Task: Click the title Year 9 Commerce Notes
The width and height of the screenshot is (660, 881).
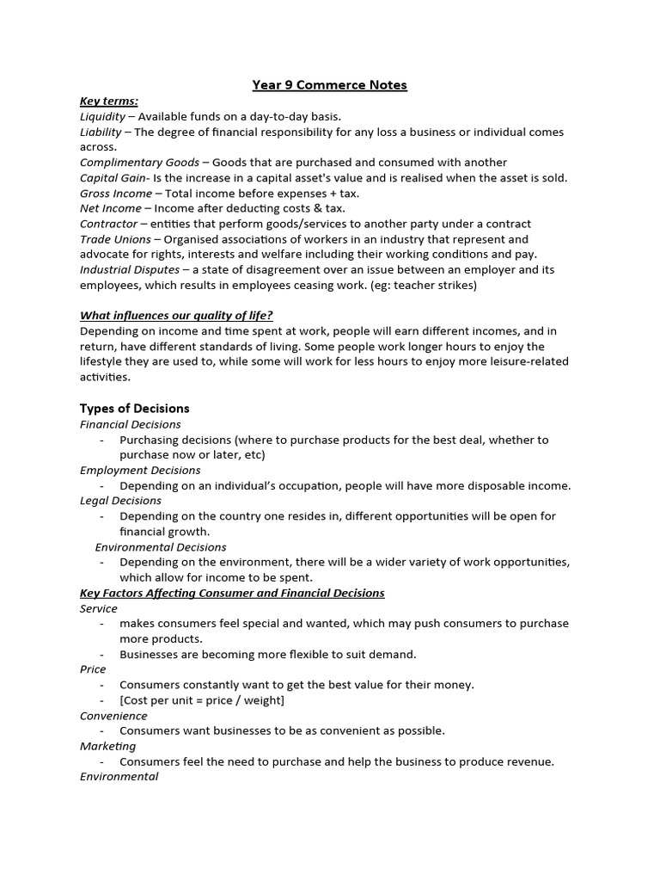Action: point(329,85)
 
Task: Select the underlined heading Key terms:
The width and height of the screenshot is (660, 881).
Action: point(108,101)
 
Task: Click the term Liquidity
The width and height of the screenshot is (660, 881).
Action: point(102,116)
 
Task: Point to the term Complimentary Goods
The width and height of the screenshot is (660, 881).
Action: point(139,163)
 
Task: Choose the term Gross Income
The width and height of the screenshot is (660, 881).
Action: point(115,194)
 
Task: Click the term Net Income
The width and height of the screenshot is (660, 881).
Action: point(111,208)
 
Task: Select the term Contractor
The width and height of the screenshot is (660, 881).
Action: point(108,224)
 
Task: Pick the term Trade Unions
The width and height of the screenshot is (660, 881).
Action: point(115,239)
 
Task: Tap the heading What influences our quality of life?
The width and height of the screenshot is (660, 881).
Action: point(176,315)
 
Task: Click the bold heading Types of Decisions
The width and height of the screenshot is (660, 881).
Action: point(134,409)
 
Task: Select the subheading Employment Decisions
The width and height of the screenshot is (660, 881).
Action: point(140,471)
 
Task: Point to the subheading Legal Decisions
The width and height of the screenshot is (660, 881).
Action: point(120,501)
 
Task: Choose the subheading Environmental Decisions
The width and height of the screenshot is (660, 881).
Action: point(161,547)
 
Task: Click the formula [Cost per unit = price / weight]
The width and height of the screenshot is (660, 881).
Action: point(202,700)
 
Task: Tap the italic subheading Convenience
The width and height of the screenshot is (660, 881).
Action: point(113,716)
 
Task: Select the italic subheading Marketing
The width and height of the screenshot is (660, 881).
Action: point(107,746)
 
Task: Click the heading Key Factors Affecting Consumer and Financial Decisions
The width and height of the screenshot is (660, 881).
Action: point(232,594)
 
